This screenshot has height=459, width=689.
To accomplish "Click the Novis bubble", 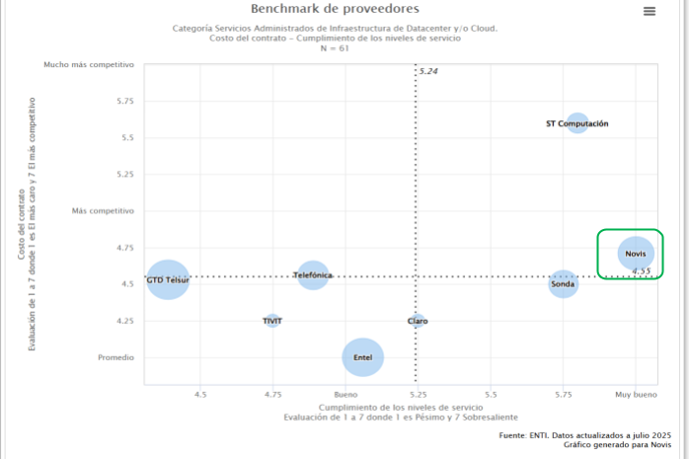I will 636,254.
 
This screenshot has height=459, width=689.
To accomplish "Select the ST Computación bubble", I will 577,124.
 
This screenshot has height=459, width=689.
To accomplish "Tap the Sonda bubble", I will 563,284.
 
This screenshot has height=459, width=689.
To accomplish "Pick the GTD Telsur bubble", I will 168,280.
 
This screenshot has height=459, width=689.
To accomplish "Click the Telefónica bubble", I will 313,275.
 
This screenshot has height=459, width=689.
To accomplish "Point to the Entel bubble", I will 362,357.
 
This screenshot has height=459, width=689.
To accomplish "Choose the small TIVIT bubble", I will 272,321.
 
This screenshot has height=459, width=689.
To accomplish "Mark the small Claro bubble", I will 418,321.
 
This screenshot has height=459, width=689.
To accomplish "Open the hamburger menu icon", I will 650,11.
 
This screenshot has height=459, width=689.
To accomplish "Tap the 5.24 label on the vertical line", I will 428,72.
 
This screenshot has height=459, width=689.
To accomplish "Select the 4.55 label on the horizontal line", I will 642,270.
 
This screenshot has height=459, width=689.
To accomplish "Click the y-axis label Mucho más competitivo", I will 89,64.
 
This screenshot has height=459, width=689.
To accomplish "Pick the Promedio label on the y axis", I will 115,357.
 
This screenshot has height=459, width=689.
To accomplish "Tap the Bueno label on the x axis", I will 345,394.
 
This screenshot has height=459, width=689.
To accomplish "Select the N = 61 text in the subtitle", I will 334,47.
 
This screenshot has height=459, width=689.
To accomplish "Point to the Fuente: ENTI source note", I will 585,435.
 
